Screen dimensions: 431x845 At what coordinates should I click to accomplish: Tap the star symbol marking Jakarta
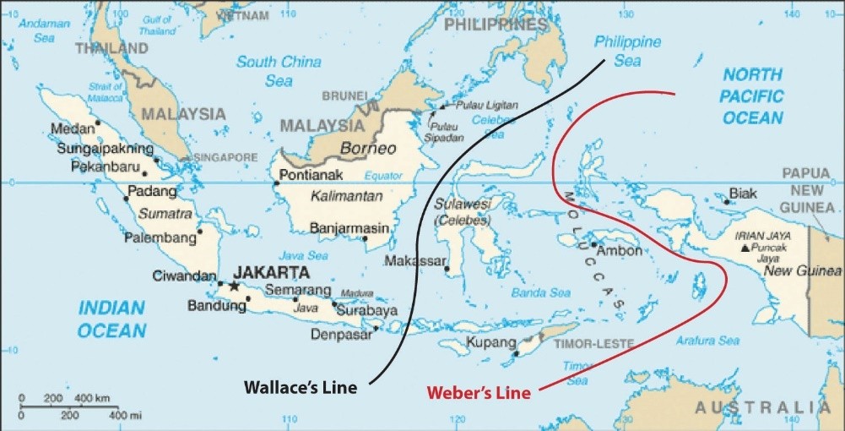(x=234, y=286)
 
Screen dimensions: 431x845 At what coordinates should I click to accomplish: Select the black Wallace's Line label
(x=301, y=388)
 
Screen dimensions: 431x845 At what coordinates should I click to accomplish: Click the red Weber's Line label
(x=479, y=393)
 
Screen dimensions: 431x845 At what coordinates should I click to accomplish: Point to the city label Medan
(x=72, y=129)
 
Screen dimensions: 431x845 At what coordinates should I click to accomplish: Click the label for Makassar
(x=414, y=261)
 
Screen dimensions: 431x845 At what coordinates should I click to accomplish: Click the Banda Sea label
(x=540, y=293)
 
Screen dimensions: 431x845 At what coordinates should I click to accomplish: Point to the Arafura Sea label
(x=707, y=341)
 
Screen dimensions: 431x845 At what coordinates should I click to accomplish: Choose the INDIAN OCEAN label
(x=112, y=319)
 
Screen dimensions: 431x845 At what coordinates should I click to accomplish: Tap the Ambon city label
(x=619, y=251)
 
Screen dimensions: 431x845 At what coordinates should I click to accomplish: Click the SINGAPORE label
(x=225, y=158)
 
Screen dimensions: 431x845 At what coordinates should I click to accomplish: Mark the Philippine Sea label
(x=627, y=51)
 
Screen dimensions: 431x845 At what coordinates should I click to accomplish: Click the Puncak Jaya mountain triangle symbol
(x=744, y=248)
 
